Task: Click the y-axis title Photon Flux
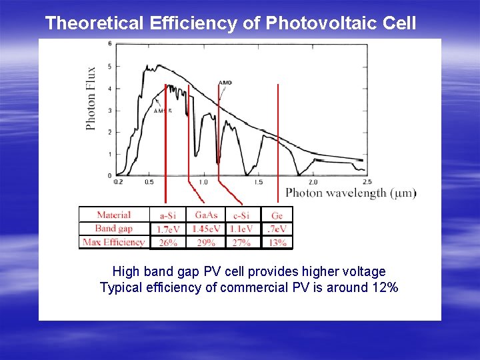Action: coord(91,98)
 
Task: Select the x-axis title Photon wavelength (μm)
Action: coord(351,193)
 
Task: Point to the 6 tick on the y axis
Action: coord(109,44)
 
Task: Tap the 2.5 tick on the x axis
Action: coord(367,182)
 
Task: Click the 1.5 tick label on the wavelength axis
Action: coord(258,182)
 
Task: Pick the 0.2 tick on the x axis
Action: coord(118,182)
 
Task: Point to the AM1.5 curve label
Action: coord(163,111)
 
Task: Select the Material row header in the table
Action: coord(114,215)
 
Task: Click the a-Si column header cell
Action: coord(168,215)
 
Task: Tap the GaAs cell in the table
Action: coord(206,215)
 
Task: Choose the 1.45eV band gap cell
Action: coord(206,229)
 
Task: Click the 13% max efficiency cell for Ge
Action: coord(277,243)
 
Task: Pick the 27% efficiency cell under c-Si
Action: coord(241,243)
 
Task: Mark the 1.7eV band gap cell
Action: coord(168,229)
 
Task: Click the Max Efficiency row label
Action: coord(114,243)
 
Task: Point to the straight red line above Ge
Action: coord(277,140)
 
